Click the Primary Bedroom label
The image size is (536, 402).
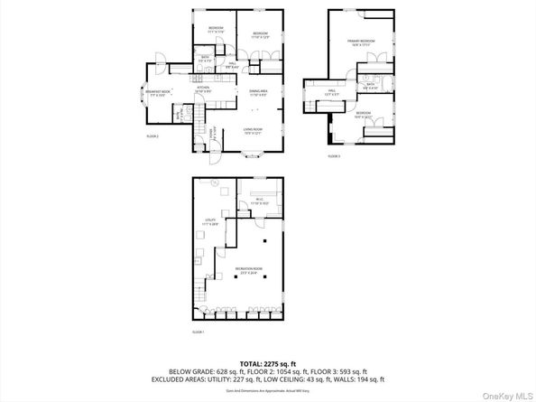point(361,42)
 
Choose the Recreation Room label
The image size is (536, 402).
point(249,269)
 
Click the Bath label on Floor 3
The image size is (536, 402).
point(370,87)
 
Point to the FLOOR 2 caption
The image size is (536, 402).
point(152,136)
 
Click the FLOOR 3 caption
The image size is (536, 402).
point(333,156)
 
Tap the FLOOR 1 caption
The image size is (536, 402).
point(199,332)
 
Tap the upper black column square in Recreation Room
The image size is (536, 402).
point(265,241)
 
